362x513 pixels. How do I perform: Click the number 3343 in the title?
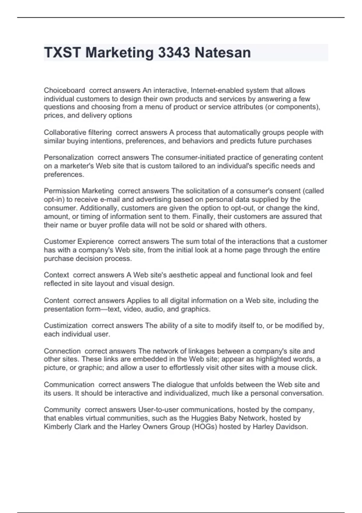pyautogui.click(x=174, y=53)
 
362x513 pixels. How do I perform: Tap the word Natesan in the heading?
pyautogui.click(x=223, y=53)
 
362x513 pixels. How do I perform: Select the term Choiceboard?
pyautogui.click(x=64, y=90)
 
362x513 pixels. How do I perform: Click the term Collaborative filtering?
pyautogui.click(x=78, y=132)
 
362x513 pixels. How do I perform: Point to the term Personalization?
pyautogui.click(x=68, y=158)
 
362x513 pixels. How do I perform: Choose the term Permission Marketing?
pyautogui.click(x=79, y=191)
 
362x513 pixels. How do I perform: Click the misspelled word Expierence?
pyautogui.click(x=96, y=241)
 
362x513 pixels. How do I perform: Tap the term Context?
pyautogui.click(x=56, y=275)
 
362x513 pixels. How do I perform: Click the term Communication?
pyautogui.click(x=69, y=385)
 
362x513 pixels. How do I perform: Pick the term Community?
pyautogui.click(x=62, y=410)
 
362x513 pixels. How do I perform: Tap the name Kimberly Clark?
pyautogui.click(x=67, y=427)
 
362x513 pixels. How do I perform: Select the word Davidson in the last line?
pyautogui.click(x=292, y=427)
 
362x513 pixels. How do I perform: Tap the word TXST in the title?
pyautogui.click(x=62, y=53)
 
